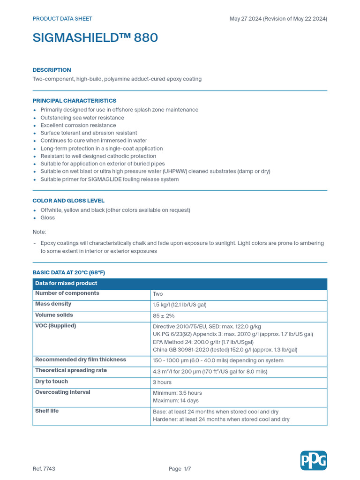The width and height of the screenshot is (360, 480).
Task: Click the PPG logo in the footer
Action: tap(314, 460)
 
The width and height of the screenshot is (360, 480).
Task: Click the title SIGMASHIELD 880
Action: tap(95, 38)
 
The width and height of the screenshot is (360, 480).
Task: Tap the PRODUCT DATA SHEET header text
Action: tap(62, 19)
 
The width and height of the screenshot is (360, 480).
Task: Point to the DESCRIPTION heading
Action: tap(52, 70)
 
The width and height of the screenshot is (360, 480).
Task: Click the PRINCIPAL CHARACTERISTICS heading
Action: tap(74, 101)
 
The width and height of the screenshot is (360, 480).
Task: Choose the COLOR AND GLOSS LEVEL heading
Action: tap(68, 201)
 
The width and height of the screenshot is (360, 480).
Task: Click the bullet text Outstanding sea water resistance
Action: tap(82, 118)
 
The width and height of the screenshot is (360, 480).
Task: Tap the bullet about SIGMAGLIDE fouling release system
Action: tap(109, 179)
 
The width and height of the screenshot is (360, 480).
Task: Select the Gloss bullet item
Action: tap(47, 217)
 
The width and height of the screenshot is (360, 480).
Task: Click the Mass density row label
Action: tap(53, 304)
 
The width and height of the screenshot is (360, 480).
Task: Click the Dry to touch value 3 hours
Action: tap(162, 382)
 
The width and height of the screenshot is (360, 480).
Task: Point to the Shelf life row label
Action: tap(45, 411)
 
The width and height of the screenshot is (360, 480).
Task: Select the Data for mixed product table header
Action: tap(66, 283)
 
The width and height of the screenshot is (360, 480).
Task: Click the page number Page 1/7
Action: tap(180, 469)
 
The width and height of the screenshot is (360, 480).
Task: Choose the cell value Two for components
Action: tap(157, 294)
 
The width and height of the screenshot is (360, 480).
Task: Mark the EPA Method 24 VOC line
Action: tap(207, 342)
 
